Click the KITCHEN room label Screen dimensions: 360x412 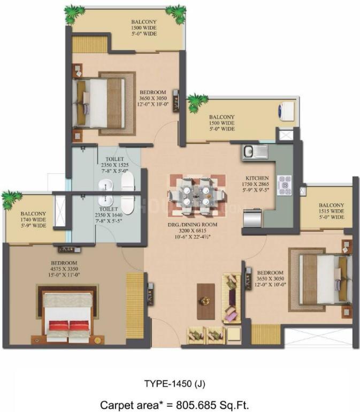point(257,178)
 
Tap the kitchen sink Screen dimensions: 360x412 point(255,152)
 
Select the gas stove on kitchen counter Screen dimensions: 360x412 point(285,185)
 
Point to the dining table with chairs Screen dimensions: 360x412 point(197,195)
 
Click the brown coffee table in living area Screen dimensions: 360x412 point(205,301)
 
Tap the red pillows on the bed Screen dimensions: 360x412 point(70,325)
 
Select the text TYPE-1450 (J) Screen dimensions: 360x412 point(174,384)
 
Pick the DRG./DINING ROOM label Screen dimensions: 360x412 point(193,225)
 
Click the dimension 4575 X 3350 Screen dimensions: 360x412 point(64,269)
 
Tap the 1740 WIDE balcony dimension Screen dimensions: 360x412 point(33,220)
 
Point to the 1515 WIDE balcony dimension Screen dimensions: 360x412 point(331,211)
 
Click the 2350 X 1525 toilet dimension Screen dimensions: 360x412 point(115,165)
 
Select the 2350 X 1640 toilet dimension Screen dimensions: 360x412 point(109,215)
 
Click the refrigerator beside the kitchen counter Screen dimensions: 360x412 point(252,218)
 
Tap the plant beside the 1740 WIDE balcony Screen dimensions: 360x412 point(11,199)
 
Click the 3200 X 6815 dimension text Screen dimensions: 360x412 point(193,231)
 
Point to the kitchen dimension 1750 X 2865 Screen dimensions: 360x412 point(256,184)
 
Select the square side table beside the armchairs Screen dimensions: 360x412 point(234,334)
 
